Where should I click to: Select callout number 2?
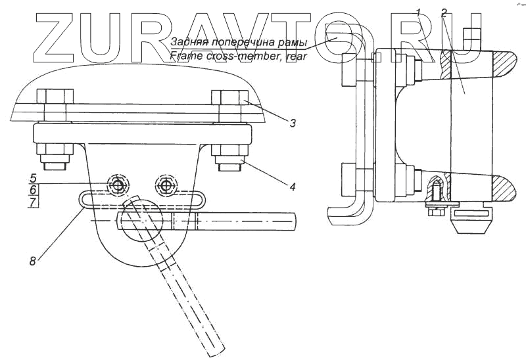pos(444,12)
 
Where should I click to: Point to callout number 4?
pos(292,187)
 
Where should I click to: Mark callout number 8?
pos(32,261)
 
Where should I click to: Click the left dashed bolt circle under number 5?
pos(118,185)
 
